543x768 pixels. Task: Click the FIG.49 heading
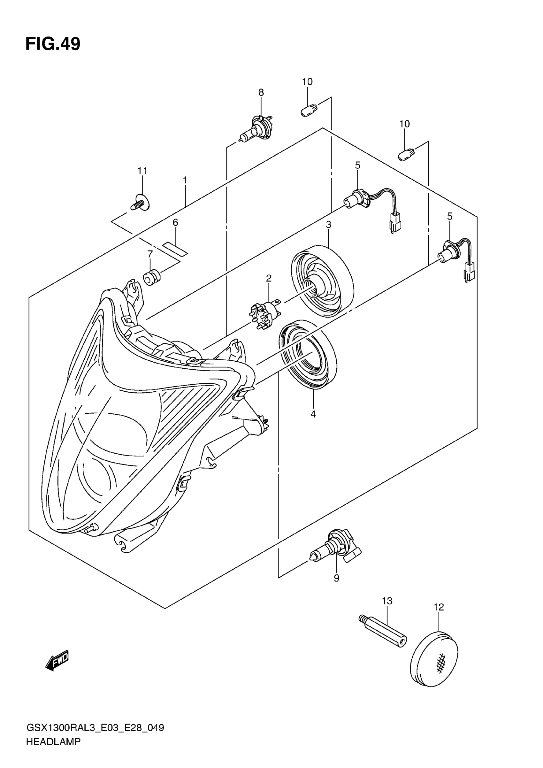(53, 44)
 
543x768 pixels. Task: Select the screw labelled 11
(141, 203)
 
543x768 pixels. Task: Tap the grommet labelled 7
(152, 278)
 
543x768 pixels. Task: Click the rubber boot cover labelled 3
(322, 281)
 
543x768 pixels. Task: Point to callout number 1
(185, 180)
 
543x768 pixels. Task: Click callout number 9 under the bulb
(336, 578)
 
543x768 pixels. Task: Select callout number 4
(313, 414)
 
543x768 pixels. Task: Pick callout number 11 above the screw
(142, 171)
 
